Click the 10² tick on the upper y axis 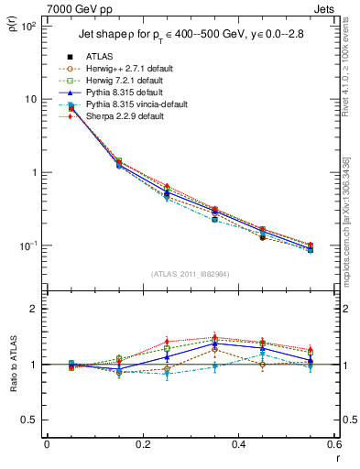point(27,26)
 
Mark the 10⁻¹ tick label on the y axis point(27,246)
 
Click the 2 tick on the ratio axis point(34,309)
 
